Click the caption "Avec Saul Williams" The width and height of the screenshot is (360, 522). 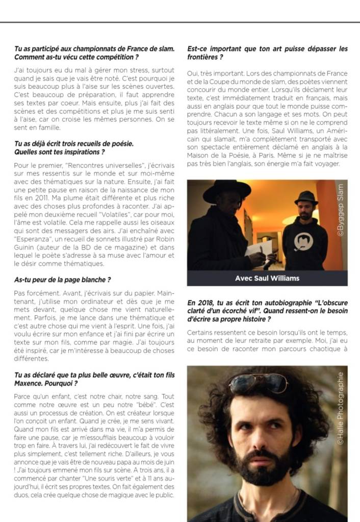[267, 278]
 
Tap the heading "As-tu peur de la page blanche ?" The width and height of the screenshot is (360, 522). [63, 280]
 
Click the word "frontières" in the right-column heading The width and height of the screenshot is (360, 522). [201, 57]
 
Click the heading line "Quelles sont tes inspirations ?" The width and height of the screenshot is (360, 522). [60, 152]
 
